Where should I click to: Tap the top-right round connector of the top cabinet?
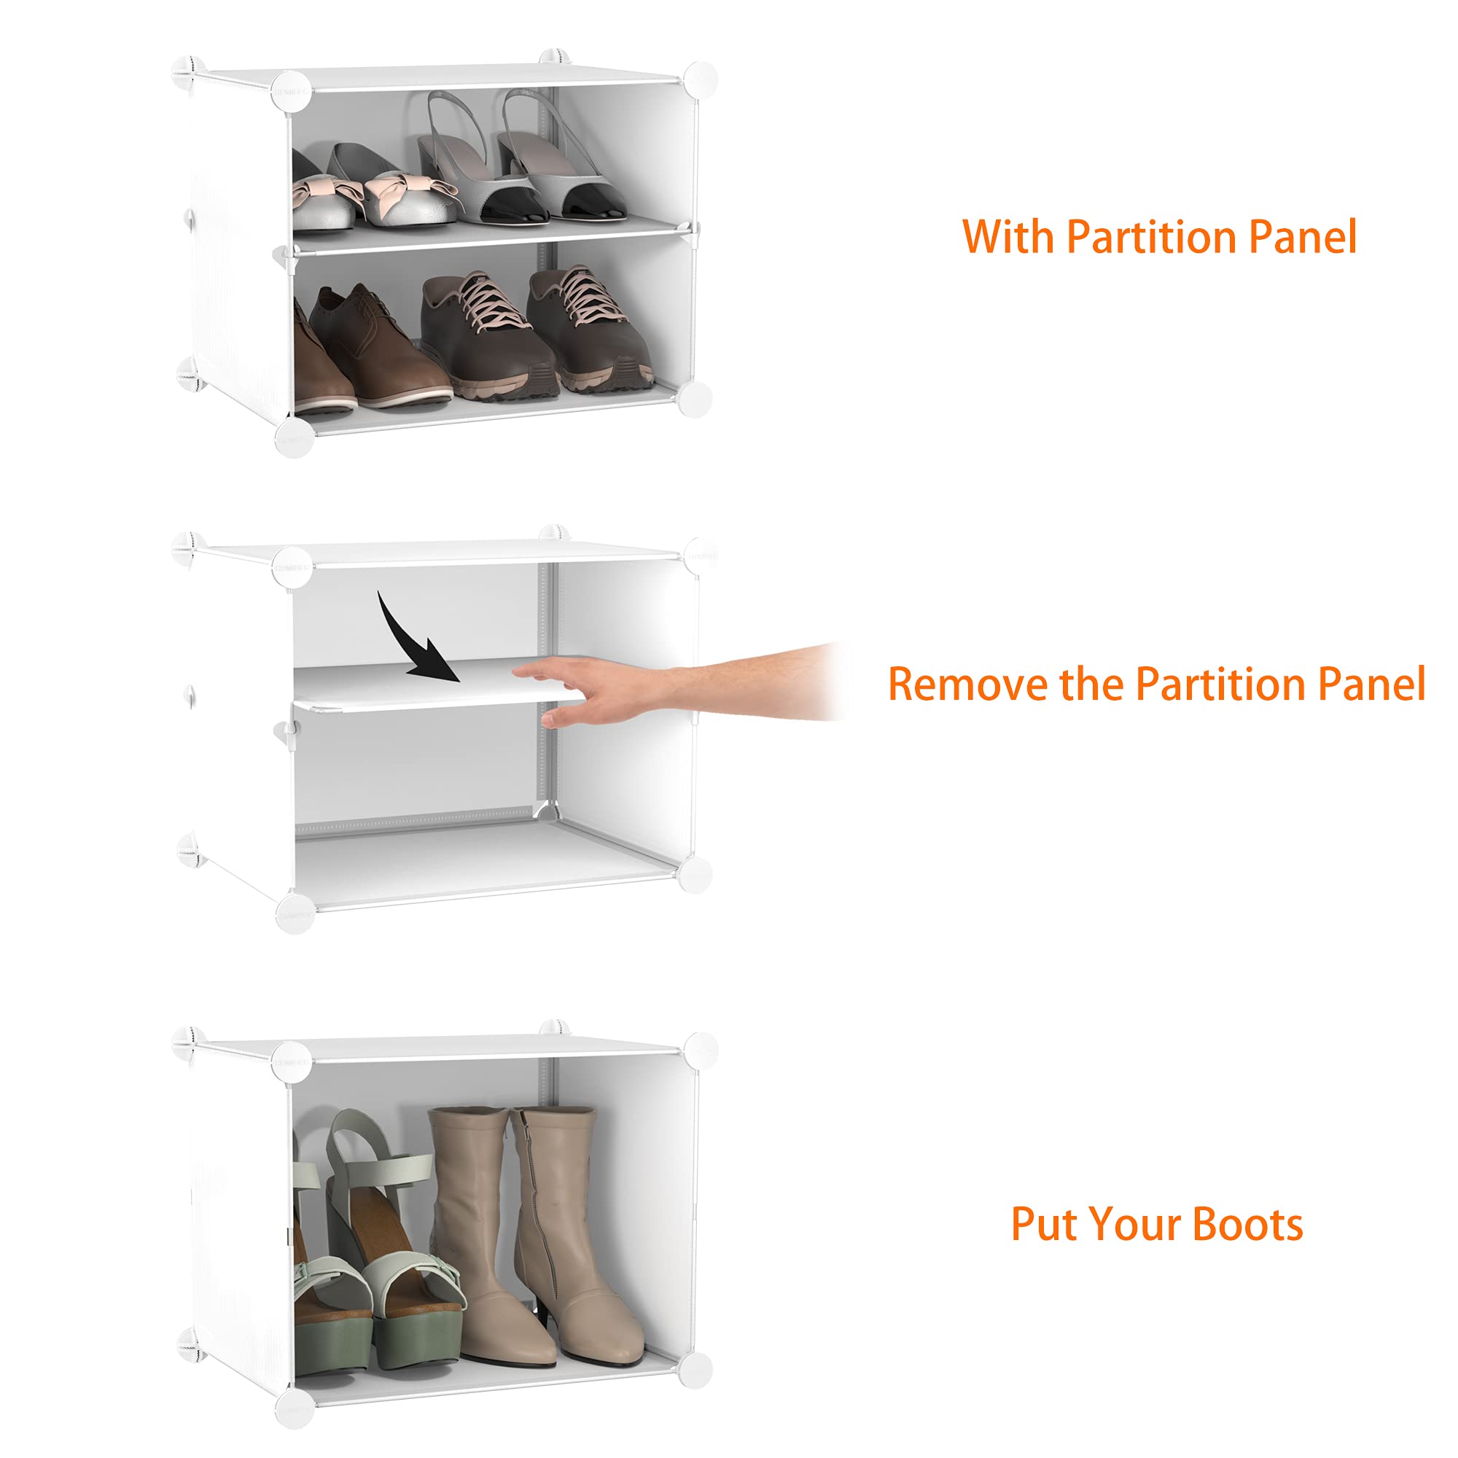(x=699, y=80)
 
